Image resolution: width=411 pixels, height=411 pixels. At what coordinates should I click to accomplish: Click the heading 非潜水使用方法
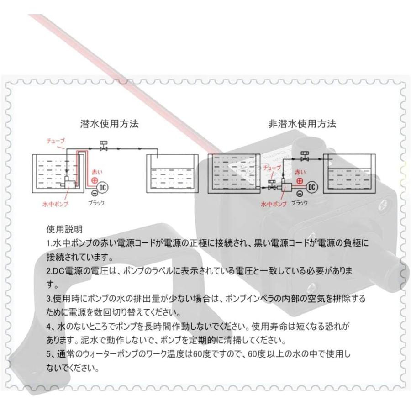click(x=302, y=123)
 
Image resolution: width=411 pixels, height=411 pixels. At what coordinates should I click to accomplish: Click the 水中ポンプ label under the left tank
click(x=55, y=204)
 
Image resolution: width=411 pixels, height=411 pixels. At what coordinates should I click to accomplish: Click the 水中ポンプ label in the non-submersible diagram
click(x=273, y=204)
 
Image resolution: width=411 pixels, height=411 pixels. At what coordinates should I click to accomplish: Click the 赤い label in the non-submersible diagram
click(x=300, y=172)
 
